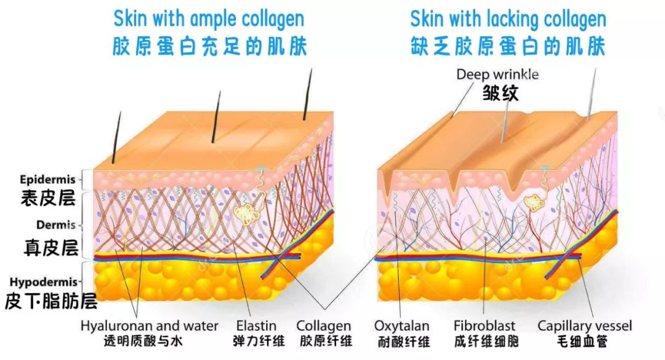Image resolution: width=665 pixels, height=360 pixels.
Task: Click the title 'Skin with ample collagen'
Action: pyautogui.click(x=209, y=19)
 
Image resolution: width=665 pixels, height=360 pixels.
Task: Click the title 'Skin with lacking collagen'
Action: pyautogui.click(x=508, y=19)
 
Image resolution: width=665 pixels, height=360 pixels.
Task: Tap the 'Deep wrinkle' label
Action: pyautogui.click(x=498, y=74)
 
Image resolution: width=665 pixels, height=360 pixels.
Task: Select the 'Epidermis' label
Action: pyautogui.click(x=47, y=179)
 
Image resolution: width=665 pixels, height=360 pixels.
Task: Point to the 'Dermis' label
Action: pyautogui.click(x=55, y=225)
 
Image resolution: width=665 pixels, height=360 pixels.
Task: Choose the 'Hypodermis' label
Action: pyautogui.click(x=44, y=282)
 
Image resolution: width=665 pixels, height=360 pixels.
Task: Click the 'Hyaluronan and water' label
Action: pyautogui.click(x=149, y=326)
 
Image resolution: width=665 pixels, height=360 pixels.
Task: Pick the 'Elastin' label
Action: pyautogui.click(x=256, y=326)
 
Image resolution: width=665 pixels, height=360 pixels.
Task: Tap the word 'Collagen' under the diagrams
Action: pyautogui.click(x=324, y=326)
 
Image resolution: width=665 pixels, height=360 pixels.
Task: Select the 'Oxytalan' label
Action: pyautogui.click(x=401, y=326)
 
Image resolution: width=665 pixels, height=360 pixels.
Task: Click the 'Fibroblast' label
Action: pyautogui.click(x=485, y=326)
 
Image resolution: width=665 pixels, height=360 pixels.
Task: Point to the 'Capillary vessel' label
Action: pyautogui.click(x=584, y=326)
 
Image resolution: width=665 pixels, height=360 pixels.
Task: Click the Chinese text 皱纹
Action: pyautogui.click(x=501, y=92)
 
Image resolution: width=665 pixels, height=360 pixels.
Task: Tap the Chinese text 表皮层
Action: pyautogui.click(x=49, y=198)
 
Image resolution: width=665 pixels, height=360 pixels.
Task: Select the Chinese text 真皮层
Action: pyautogui.click(x=51, y=247)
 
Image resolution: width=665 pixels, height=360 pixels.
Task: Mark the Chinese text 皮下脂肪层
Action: pyautogui.click(x=51, y=300)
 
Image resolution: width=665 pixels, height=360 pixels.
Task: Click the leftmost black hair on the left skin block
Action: pyautogui.click(x=116, y=138)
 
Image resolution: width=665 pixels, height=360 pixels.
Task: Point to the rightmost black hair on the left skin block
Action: pyautogui.click(x=307, y=94)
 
